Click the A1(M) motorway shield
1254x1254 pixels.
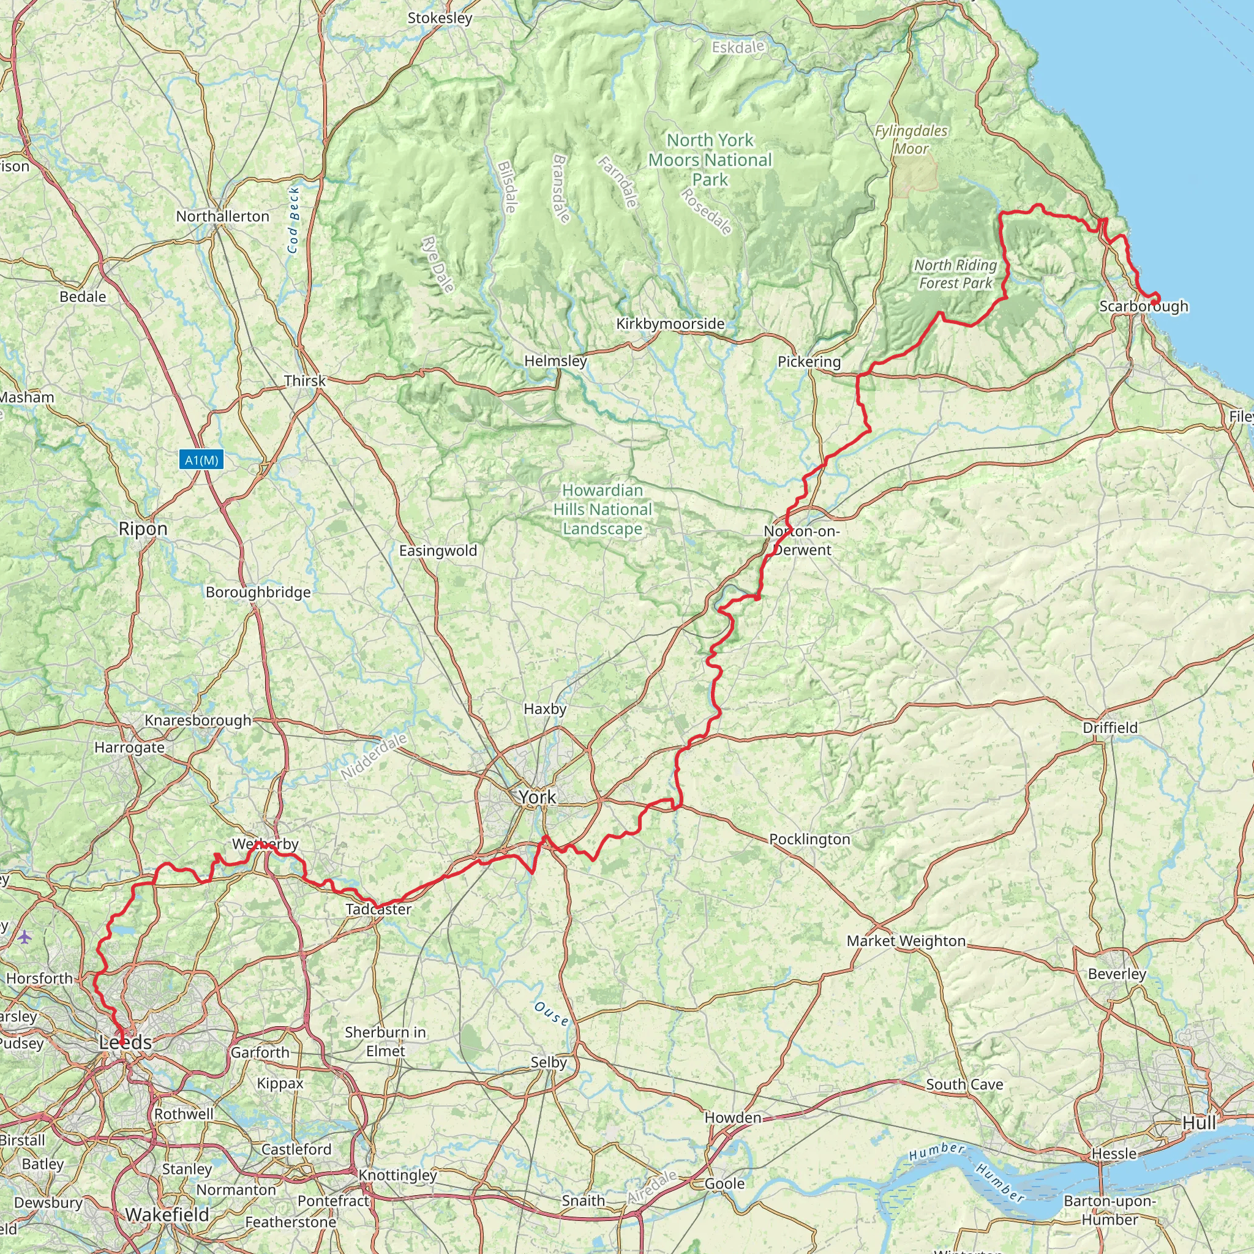(x=202, y=460)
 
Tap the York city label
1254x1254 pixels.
(x=537, y=797)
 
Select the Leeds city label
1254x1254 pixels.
(x=126, y=1042)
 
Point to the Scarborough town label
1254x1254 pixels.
(x=1144, y=306)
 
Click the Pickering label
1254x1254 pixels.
(x=809, y=361)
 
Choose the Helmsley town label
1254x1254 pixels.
(x=555, y=361)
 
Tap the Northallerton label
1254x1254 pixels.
(x=223, y=216)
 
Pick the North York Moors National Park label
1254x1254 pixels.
(x=710, y=160)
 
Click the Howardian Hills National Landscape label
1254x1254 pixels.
(x=603, y=509)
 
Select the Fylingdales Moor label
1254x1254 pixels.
(x=911, y=140)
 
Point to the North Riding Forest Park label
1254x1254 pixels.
(x=955, y=274)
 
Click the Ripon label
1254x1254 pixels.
(x=143, y=529)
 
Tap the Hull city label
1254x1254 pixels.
(x=1199, y=1123)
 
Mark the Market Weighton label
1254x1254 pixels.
(x=906, y=941)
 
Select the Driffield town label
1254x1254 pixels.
(x=1110, y=727)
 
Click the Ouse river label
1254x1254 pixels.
(x=552, y=1013)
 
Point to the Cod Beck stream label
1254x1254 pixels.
(x=293, y=220)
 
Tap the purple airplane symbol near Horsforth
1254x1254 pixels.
(x=24, y=937)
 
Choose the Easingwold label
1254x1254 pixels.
(x=438, y=550)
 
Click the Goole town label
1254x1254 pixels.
(x=725, y=1183)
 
